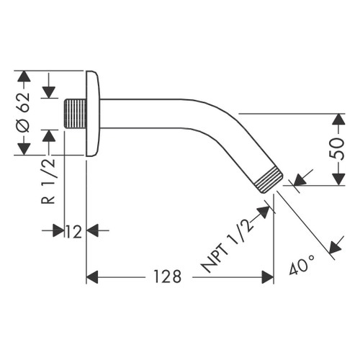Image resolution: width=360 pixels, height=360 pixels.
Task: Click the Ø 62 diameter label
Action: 23,112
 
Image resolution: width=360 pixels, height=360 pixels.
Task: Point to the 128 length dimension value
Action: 167,276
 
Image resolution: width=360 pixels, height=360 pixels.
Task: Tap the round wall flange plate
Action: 93,113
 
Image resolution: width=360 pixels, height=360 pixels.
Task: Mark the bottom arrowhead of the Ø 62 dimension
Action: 23,150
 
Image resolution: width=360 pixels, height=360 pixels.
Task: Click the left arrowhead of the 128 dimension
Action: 91,276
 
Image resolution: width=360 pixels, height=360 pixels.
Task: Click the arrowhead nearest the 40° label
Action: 333,248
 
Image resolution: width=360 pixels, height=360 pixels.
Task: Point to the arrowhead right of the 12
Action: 91,230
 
